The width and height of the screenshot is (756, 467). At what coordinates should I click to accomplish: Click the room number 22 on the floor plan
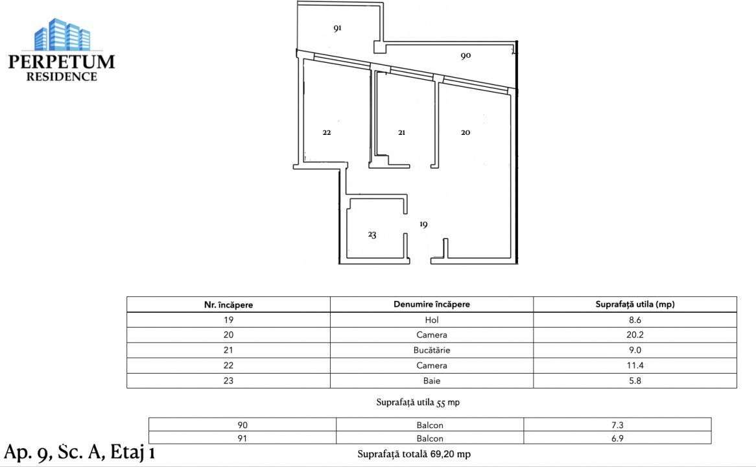327,132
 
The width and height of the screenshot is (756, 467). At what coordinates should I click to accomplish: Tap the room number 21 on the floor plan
401,132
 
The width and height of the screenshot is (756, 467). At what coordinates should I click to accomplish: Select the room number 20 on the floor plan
466,132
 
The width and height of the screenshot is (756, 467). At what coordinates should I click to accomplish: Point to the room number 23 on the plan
372,235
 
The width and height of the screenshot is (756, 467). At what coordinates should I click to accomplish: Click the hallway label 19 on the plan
423,224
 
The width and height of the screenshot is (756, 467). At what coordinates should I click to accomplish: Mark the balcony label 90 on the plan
466,56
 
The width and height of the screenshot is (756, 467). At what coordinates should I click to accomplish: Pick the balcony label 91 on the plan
337,29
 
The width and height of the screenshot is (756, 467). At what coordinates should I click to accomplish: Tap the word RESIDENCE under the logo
62,77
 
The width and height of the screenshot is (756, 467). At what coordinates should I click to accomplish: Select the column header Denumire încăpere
431,304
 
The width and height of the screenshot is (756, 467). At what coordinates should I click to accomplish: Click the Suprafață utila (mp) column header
635,304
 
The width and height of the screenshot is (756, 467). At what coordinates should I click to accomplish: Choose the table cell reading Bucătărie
431,350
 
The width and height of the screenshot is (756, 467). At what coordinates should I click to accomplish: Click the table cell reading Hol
431,320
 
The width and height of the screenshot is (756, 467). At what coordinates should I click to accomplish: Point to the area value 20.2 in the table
635,335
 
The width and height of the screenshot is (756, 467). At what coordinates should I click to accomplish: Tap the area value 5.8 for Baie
635,381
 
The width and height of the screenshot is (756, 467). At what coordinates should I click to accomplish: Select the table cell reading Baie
431,381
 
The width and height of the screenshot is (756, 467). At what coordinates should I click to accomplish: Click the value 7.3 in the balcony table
617,425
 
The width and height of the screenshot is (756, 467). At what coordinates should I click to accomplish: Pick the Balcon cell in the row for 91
430,439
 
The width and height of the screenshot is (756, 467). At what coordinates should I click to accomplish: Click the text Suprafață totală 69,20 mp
414,454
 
